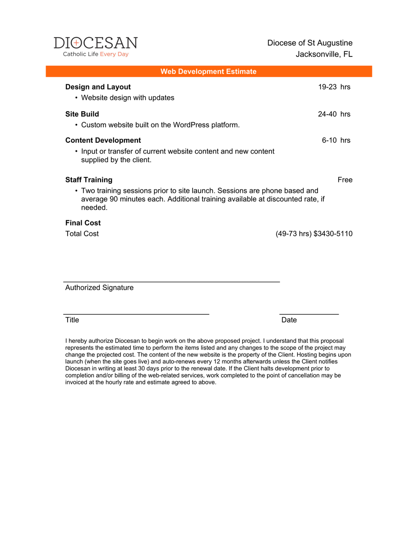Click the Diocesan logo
click(96, 47)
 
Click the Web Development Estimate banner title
click(208, 71)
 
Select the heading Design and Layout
click(98, 87)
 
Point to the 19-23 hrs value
click(334, 87)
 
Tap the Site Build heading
click(82, 114)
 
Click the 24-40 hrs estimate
click(334, 114)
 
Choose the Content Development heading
click(103, 140)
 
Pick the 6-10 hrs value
click(336, 140)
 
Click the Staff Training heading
click(89, 180)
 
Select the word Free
click(345, 180)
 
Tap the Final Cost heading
click(83, 223)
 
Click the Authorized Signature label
click(99, 288)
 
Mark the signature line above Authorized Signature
click(171, 282)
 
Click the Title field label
click(72, 320)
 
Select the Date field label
click(289, 320)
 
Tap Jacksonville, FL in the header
click(324, 54)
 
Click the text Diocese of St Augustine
click(310, 43)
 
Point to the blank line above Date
click(309, 313)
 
